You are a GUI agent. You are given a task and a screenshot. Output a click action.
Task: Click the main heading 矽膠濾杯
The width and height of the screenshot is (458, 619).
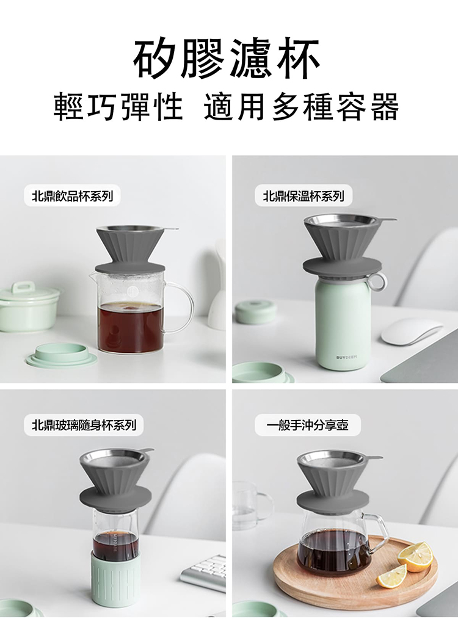[x=227, y=59]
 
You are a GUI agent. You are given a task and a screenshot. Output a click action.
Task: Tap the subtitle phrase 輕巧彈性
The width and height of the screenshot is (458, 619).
[x=118, y=107]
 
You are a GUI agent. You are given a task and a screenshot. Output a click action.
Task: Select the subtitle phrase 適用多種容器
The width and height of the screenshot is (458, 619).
[x=302, y=107]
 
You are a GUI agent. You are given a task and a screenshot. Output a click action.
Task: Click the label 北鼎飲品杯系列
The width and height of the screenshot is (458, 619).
[x=72, y=196]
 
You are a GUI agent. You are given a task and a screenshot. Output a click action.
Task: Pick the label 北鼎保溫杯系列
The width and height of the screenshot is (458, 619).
[x=304, y=196]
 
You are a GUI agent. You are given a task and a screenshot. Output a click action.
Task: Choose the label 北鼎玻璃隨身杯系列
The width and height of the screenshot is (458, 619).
[x=84, y=424]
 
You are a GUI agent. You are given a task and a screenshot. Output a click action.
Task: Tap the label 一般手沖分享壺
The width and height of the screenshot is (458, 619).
[x=307, y=424]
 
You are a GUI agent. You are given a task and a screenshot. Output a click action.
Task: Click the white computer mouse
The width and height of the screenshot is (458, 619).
[x=411, y=331]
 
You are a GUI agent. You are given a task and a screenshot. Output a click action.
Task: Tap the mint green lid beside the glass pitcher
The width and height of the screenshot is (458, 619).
[x=61, y=355]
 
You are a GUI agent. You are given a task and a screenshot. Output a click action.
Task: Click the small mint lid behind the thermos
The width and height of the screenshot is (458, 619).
[x=256, y=311]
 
